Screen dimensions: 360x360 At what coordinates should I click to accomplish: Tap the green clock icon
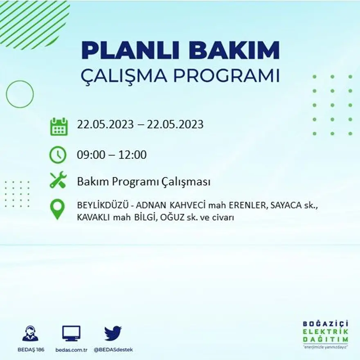point(58,155)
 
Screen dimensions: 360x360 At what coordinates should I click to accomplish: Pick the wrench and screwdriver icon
point(58,180)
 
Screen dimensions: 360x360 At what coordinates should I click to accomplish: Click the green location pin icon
point(57,209)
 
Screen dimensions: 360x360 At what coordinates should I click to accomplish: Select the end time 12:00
point(133,155)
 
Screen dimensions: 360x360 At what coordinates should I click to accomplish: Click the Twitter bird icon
point(112,333)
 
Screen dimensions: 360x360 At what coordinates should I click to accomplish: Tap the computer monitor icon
point(71,333)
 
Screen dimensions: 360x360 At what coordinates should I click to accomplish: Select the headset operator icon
point(30,333)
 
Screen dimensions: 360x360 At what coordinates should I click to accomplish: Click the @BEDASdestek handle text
point(113,350)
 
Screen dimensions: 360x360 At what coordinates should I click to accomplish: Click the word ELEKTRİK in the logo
point(326,332)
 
